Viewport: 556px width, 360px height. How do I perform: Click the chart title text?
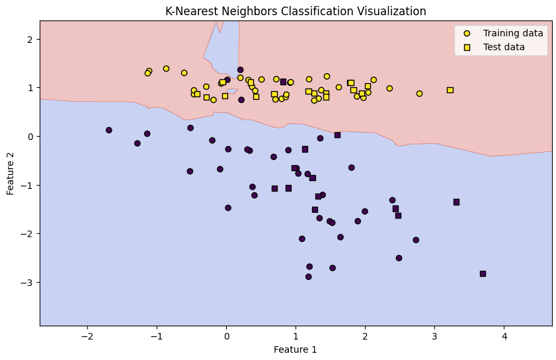coord(296,11)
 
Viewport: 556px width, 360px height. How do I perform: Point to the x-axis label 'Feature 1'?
coord(296,349)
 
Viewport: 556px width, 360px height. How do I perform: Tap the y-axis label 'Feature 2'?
coord(11,173)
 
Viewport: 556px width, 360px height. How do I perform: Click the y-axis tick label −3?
coord(28,282)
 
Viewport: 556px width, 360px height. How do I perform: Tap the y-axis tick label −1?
coord(28,185)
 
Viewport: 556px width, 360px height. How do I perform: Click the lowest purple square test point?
coord(483,273)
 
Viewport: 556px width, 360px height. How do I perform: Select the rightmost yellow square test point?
coord(450,90)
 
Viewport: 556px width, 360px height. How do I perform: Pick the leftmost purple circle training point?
coord(109,130)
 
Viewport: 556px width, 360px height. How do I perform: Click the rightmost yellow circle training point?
coord(419,94)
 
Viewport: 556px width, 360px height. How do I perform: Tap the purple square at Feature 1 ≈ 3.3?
coord(456,202)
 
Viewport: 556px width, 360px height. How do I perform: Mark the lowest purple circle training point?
coord(309,277)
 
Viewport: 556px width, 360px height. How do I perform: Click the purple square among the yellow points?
coord(283,82)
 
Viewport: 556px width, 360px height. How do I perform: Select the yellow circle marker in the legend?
coord(467,33)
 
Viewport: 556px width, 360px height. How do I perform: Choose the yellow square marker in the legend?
coord(467,47)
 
